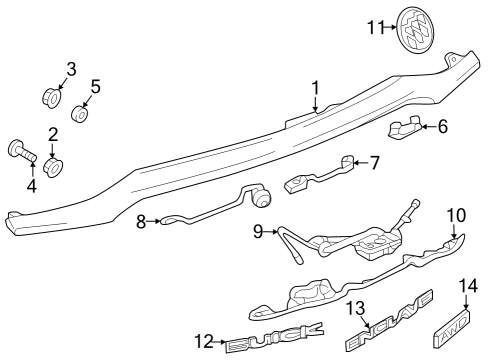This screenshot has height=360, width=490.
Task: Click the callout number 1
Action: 315,89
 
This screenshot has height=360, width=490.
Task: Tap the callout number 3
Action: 71,69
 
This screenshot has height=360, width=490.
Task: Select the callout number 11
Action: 375,27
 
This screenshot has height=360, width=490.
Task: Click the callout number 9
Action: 257,232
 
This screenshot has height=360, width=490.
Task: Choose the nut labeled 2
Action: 56,164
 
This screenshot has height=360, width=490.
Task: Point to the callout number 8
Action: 141,219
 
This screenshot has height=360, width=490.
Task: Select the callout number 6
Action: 443,126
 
